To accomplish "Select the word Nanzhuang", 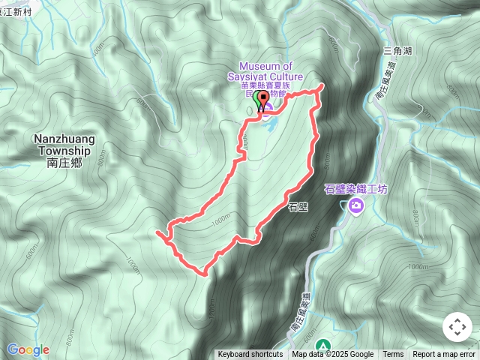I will pyautogui.click(x=61, y=139).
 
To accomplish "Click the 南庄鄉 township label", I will pyautogui.click(x=61, y=161).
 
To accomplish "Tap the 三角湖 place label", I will pyautogui.click(x=397, y=50).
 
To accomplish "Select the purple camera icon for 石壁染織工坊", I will pyautogui.click(x=355, y=205).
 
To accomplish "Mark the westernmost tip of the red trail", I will pyautogui.click(x=157, y=234).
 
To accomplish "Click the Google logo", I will pyautogui.click(x=28, y=349).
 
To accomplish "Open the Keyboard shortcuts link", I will pyautogui.click(x=250, y=355).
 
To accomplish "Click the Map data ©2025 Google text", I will pyautogui.click(x=332, y=355).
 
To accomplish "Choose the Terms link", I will pyautogui.click(x=393, y=355).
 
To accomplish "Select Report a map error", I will pyautogui.click(x=444, y=355).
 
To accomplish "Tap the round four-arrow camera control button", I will pyautogui.click(x=457, y=327).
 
